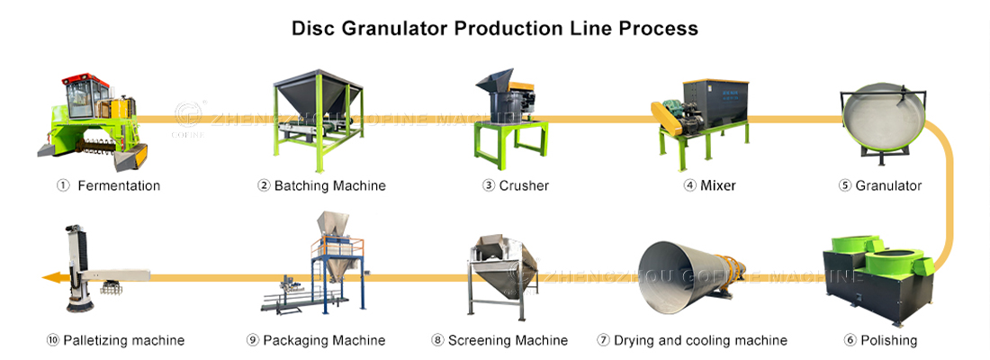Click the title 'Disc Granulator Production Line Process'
click(495, 28)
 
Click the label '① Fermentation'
click(108, 186)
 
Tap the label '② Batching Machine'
click(321, 186)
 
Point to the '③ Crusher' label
click(516, 186)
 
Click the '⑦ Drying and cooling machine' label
click(692, 341)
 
